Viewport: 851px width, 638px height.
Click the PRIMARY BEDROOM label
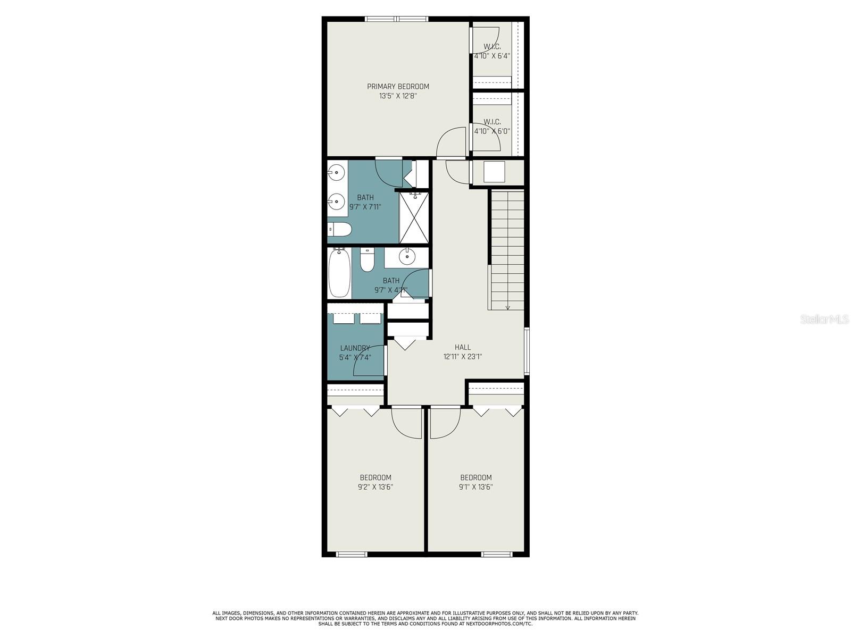pos(398,86)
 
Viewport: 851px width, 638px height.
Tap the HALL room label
pos(463,348)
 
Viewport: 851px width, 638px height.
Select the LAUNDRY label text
pos(355,348)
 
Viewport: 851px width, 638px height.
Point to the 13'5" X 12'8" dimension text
pos(398,96)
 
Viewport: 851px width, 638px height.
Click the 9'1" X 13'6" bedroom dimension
pos(475,488)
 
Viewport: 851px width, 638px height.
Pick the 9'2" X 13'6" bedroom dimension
pos(376,488)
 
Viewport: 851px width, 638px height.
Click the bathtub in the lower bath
pos(340,273)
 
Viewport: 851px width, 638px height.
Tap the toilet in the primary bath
pos(340,230)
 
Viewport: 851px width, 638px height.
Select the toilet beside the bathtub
pos(367,259)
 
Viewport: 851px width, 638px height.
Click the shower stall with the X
pos(414,217)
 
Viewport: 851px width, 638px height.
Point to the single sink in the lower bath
pos(406,256)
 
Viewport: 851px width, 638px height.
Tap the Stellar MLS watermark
pos(824,319)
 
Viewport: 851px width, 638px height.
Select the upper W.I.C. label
pos(492,46)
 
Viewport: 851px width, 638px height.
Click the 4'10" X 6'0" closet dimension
pos(492,131)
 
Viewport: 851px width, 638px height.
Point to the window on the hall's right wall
pos(527,351)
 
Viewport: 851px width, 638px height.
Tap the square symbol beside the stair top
pos(494,172)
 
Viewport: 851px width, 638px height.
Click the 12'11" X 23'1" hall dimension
pos(463,357)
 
